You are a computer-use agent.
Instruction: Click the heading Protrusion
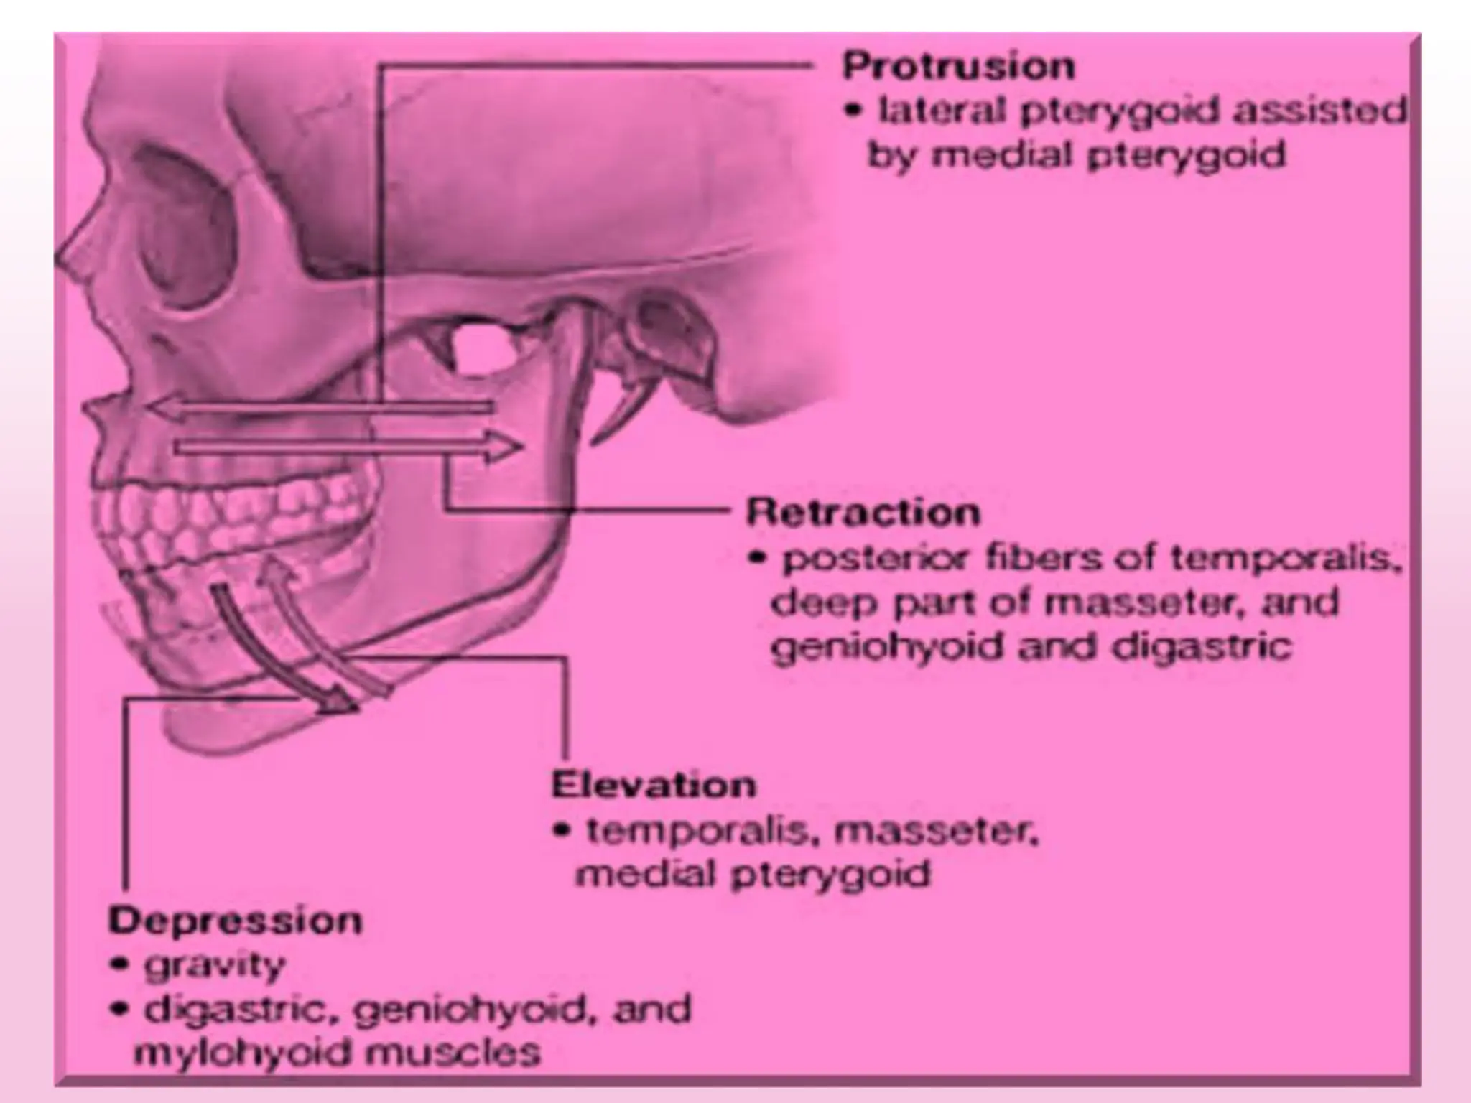958,67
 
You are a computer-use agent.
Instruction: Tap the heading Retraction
863,513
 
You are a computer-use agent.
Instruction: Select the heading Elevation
654,785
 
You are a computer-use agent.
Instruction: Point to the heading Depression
235,921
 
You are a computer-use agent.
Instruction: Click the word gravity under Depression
214,967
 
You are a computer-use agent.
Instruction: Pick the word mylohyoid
243,1053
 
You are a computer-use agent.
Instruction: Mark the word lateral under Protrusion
932,111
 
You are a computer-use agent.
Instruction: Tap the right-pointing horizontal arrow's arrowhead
506,447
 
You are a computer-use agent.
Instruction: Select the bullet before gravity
119,967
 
